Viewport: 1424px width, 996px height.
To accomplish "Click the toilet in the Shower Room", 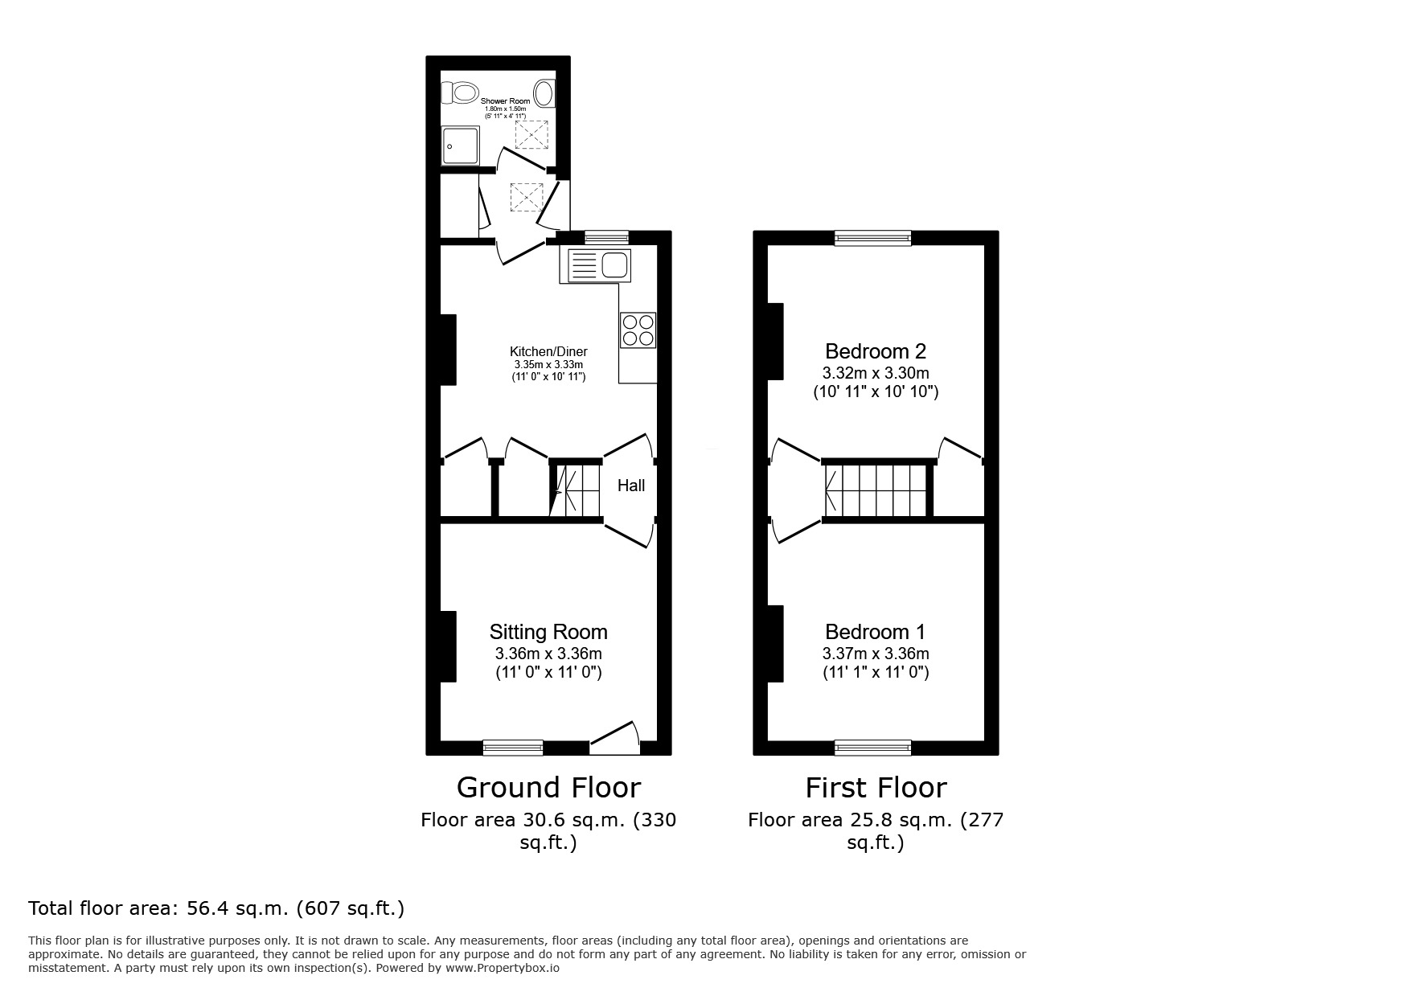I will (x=462, y=93).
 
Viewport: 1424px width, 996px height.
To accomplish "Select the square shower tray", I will (x=460, y=146).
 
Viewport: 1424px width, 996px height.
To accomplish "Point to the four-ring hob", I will (x=638, y=330).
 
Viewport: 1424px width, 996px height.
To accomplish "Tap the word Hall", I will (x=631, y=486).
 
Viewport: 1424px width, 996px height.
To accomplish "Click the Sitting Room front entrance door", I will (x=615, y=738).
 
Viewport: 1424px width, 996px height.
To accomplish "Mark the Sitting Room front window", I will (x=512, y=748).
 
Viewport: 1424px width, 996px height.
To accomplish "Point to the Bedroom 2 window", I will (x=873, y=237).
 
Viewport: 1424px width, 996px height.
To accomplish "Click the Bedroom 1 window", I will (x=873, y=748).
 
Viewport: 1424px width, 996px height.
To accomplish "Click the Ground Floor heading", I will (x=548, y=787).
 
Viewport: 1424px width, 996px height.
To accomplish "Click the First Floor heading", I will (x=876, y=787).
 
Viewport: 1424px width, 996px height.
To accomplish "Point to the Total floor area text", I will (x=216, y=908).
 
